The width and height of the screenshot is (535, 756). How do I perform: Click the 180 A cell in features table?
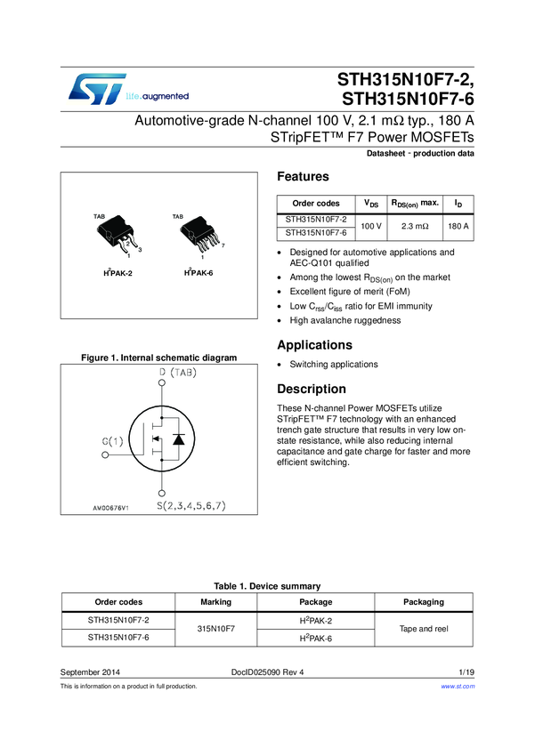(458, 226)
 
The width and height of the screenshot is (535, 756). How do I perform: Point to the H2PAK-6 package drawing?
(198, 236)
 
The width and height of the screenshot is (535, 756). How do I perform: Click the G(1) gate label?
(113, 440)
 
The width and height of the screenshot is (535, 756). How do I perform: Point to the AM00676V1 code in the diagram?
(111, 508)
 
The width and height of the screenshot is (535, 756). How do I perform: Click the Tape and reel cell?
(424, 628)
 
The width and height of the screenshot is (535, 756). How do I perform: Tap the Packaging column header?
(424, 601)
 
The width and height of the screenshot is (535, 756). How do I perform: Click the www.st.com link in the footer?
(458, 686)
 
